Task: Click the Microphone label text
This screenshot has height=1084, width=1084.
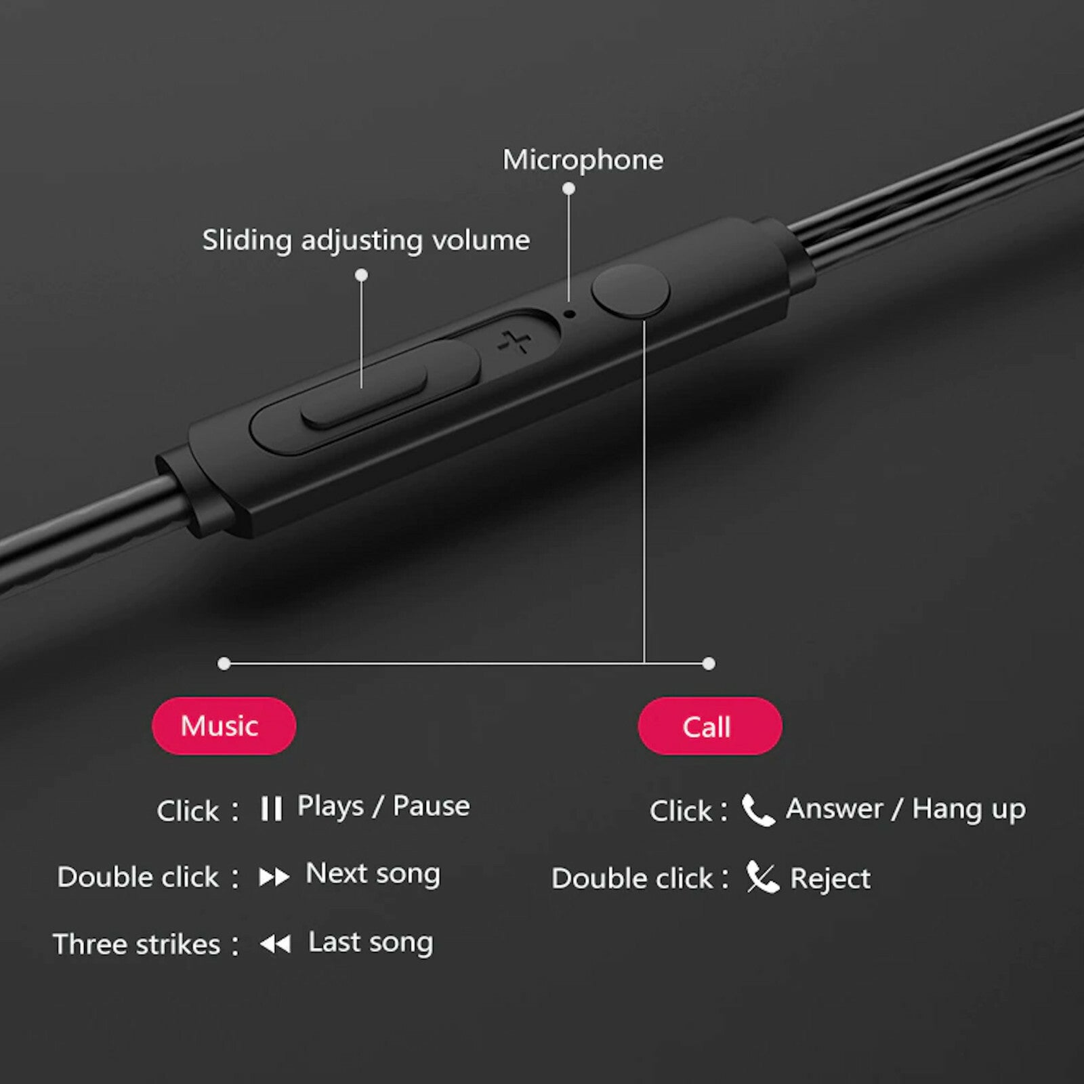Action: [x=583, y=161]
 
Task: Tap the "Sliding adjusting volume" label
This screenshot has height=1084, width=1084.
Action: [x=366, y=241]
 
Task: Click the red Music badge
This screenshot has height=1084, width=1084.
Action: [x=224, y=726]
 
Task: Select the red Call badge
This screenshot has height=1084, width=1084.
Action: [x=709, y=726]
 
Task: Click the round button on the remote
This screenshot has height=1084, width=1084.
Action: [x=630, y=291]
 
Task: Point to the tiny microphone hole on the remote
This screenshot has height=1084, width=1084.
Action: [x=570, y=314]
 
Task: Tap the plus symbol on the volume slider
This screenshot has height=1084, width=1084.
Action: [x=515, y=342]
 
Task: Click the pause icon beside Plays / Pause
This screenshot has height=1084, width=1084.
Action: [x=271, y=808]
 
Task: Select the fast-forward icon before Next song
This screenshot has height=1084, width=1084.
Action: [x=274, y=877]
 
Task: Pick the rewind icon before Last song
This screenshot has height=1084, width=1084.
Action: [x=275, y=944]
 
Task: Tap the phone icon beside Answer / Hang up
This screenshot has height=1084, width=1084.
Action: [x=758, y=810]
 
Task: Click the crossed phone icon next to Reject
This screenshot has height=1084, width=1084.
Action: [x=762, y=877]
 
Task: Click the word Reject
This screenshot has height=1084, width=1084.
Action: [x=830, y=879]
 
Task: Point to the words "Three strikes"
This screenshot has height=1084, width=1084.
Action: [x=137, y=944]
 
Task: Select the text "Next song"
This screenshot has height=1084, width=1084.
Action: [x=373, y=874]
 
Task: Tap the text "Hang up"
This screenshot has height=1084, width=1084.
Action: [x=969, y=810]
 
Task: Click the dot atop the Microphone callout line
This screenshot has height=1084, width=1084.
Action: [x=569, y=189]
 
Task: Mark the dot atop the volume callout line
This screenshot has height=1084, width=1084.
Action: [x=362, y=275]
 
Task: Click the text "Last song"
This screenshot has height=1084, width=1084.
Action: [x=371, y=942]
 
